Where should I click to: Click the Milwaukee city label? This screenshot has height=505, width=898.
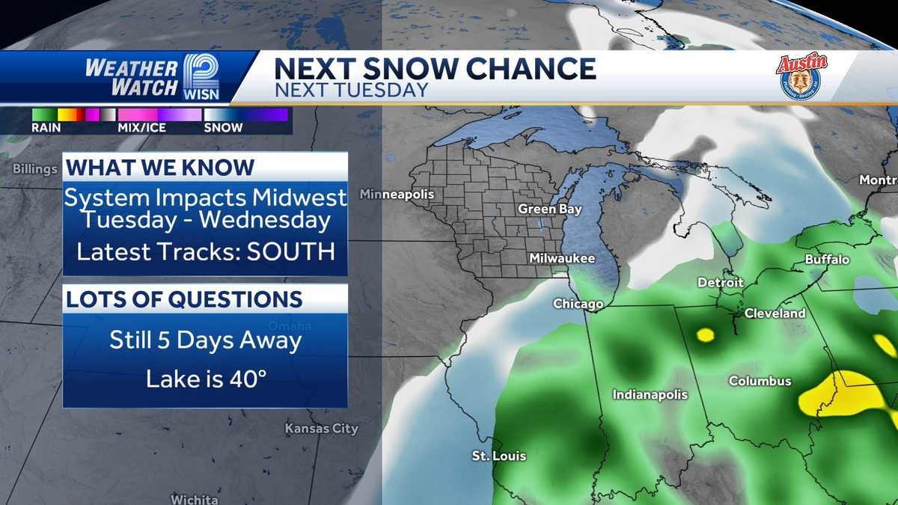tap(561, 258)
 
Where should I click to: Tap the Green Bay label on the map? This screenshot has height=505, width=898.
tap(550, 209)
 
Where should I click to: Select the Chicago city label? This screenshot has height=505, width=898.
tap(578, 304)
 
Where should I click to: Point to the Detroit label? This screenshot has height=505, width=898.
tap(721, 283)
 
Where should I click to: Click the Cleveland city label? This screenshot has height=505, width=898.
tap(775, 313)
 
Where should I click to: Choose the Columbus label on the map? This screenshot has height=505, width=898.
tap(760, 382)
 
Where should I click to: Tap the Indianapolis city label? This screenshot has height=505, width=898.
tap(650, 394)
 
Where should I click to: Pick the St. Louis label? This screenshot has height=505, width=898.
tap(498, 456)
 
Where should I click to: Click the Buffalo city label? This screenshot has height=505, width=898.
tap(827, 260)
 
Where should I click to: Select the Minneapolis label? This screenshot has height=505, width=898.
tap(397, 195)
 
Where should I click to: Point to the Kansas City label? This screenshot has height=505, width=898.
tap(321, 429)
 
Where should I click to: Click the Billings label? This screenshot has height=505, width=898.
tap(34, 169)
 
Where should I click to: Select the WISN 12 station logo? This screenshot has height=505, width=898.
tap(200, 77)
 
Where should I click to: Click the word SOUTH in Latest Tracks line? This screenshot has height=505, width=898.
tap(295, 251)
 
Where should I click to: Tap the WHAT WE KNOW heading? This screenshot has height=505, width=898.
tap(161, 167)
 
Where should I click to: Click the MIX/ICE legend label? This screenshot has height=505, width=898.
tap(141, 127)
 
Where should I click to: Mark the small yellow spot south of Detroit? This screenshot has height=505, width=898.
tap(705, 334)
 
